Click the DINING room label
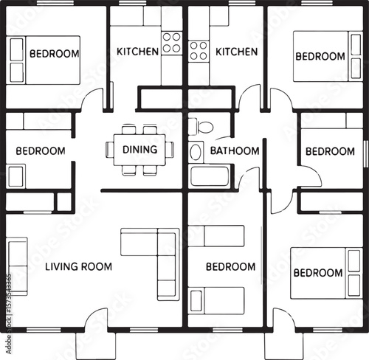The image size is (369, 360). click(140, 150)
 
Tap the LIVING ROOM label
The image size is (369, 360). click(78, 267)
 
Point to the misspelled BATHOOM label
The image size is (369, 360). click(235, 150)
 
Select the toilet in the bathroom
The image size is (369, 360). click(201, 127)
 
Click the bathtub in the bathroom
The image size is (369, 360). click(210, 176)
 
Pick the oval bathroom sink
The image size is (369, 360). click(196, 153)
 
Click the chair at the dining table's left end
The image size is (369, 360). click(110, 150)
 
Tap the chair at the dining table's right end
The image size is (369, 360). click(170, 149)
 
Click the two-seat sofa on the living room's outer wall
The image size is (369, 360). click(17, 266)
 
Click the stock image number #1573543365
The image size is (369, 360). click(9, 294)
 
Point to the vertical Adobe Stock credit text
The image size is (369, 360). click(9, 314)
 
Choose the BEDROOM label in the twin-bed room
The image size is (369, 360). click(231, 267)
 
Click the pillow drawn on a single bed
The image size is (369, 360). click(196, 301)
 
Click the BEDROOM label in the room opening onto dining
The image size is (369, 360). click(41, 150)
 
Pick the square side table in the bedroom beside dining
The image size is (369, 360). click(15, 176)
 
